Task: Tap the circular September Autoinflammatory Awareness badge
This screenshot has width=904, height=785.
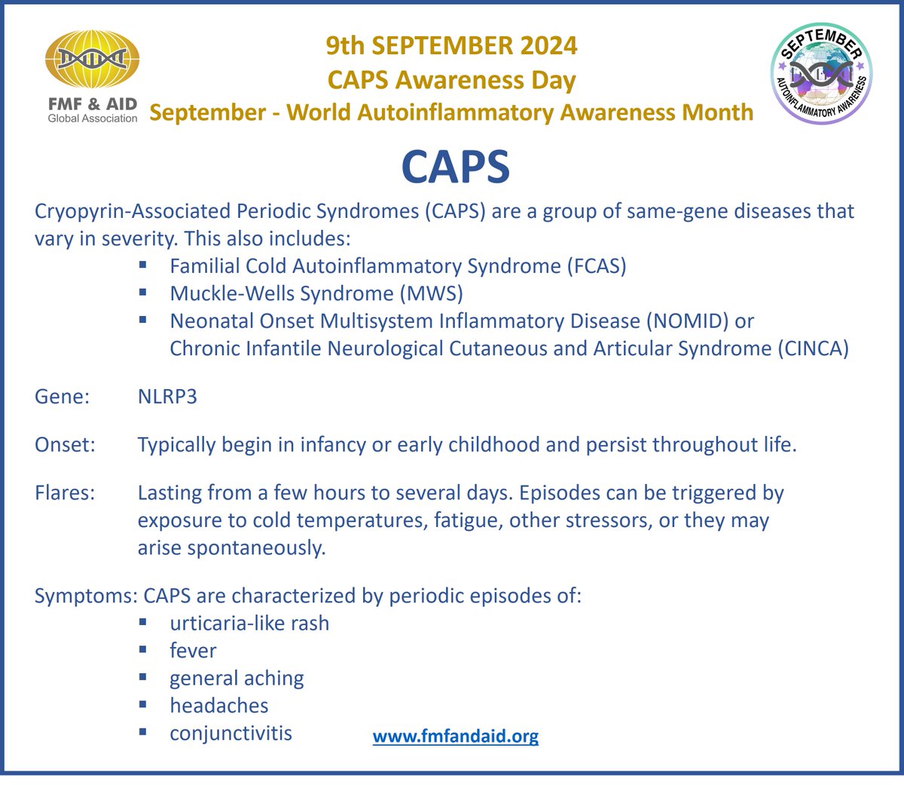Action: (x=821, y=72)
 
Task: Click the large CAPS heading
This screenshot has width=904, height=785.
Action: (x=456, y=167)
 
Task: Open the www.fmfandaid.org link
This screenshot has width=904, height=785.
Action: (x=456, y=736)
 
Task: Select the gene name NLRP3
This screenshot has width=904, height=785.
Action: (x=167, y=397)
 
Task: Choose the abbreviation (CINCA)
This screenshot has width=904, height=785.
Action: (x=813, y=348)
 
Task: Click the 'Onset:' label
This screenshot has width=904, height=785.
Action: (x=66, y=445)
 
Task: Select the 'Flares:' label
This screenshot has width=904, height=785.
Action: (x=65, y=493)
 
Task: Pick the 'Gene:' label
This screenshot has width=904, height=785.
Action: (x=63, y=397)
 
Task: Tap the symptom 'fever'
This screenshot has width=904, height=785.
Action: (x=193, y=651)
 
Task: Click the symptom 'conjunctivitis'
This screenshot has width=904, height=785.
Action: (x=231, y=733)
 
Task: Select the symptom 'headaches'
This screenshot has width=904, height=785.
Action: (x=219, y=706)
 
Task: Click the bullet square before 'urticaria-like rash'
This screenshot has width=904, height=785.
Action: (x=143, y=622)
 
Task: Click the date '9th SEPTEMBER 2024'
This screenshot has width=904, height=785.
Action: (x=451, y=46)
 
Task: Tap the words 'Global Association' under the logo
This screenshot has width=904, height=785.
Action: (x=93, y=118)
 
